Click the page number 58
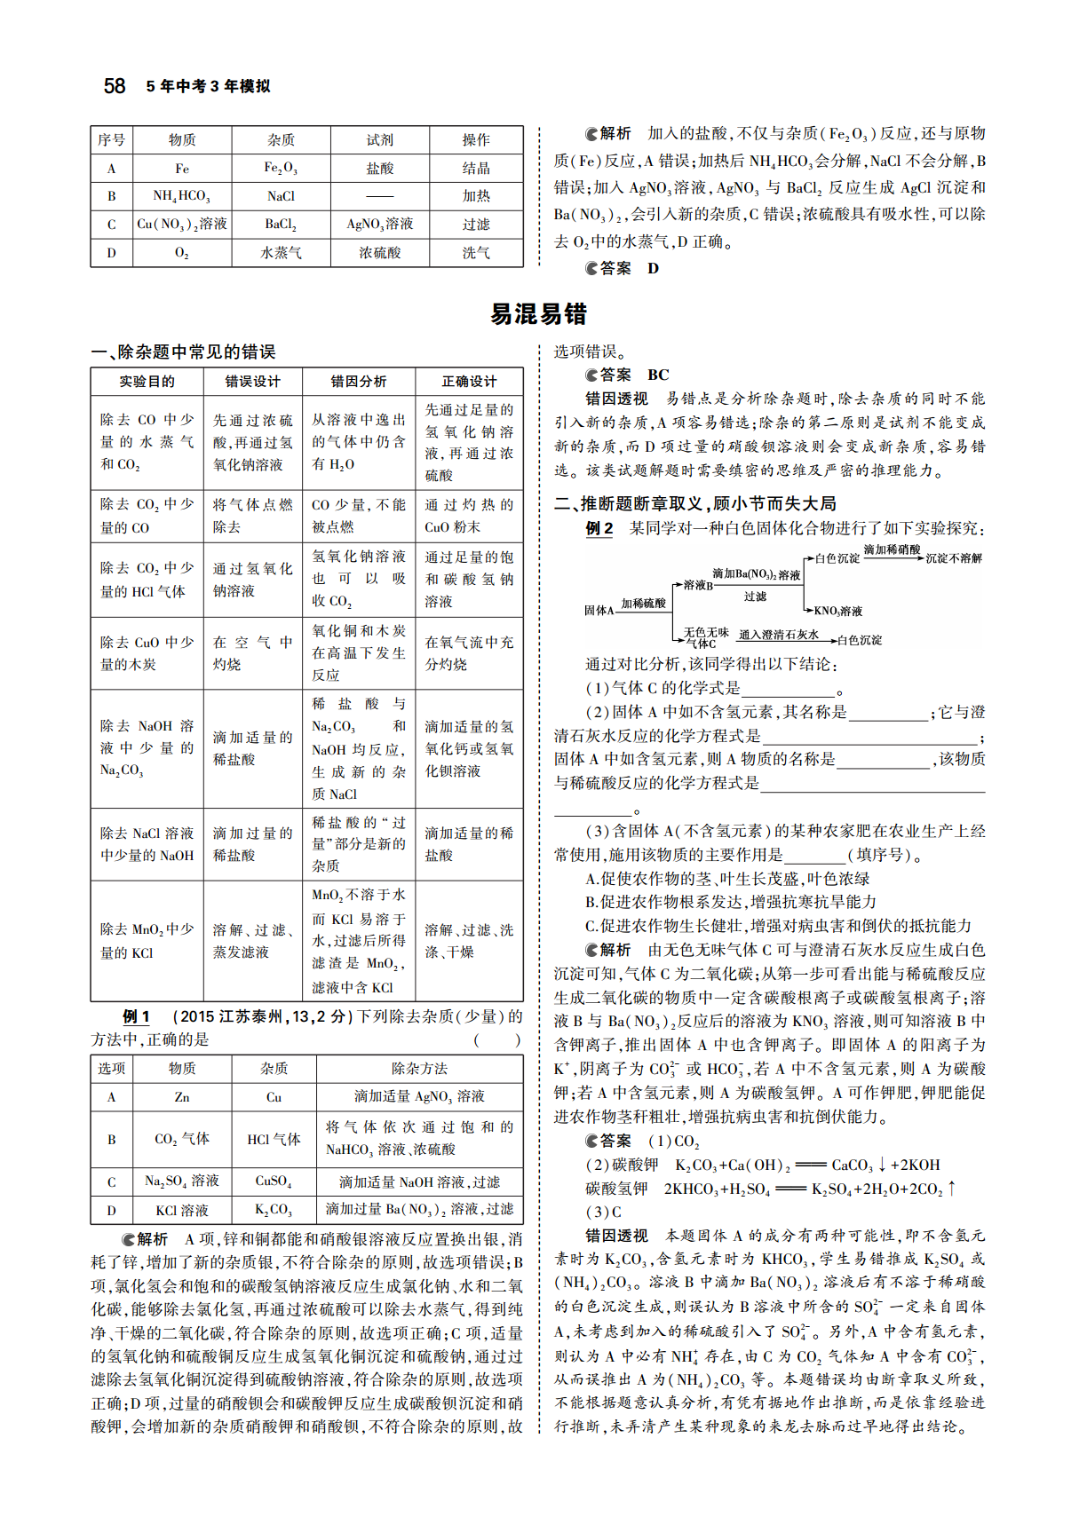(x=115, y=86)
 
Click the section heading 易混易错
(x=538, y=314)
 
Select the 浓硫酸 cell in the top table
(x=379, y=253)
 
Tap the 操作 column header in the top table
(x=476, y=140)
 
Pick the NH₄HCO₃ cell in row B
(x=181, y=196)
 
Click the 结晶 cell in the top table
(x=476, y=169)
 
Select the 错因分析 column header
(x=359, y=382)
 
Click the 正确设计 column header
(x=469, y=382)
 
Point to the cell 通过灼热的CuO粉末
(x=469, y=516)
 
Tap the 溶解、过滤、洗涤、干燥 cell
(x=469, y=941)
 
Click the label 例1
(x=136, y=1017)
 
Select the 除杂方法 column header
(x=419, y=1069)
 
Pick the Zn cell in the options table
(x=181, y=1097)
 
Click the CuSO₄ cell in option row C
(x=274, y=1182)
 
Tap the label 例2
(x=599, y=529)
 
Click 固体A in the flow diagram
(x=599, y=611)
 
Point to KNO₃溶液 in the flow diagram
(x=837, y=612)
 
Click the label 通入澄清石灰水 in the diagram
(x=778, y=635)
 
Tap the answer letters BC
(x=658, y=375)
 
